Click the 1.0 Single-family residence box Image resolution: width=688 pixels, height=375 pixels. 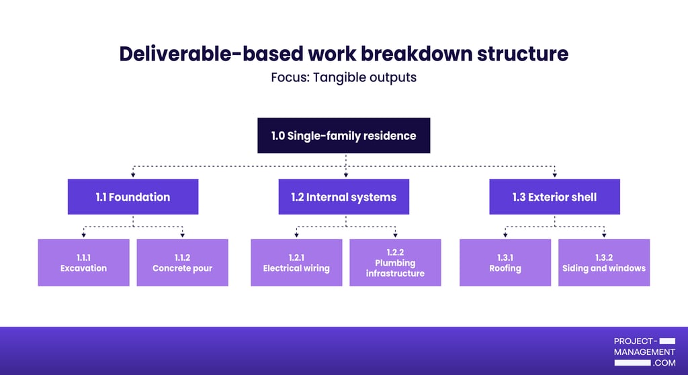click(x=343, y=136)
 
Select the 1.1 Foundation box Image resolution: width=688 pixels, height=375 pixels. click(x=132, y=197)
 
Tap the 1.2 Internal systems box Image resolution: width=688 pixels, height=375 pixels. click(x=343, y=197)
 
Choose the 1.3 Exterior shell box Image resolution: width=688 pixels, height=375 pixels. click(x=554, y=197)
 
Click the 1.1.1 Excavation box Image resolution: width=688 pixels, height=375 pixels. click(x=83, y=263)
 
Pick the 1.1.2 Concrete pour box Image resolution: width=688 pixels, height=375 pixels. click(x=182, y=263)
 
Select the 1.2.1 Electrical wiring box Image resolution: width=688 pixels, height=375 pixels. click(x=296, y=263)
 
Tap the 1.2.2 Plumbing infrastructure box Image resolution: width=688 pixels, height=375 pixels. click(x=395, y=263)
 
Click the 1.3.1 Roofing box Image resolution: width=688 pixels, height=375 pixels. click(x=505, y=263)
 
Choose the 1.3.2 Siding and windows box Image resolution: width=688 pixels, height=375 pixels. click(x=604, y=263)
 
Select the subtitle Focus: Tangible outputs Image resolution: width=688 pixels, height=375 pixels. click(x=343, y=77)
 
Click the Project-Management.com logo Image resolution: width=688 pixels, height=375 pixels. click(x=644, y=351)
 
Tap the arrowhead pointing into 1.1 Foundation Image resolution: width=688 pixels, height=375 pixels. click(x=132, y=175)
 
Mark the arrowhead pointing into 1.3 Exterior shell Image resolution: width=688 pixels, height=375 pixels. click(x=554, y=175)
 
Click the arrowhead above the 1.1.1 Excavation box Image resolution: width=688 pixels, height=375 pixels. click(x=83, y=235)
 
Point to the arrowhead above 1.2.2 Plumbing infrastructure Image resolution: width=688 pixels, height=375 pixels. click(x=395, y=235)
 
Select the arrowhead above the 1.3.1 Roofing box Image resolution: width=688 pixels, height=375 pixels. click(x=505, y=235)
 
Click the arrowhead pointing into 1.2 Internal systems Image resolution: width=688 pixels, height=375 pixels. click(x=345, y=175)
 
